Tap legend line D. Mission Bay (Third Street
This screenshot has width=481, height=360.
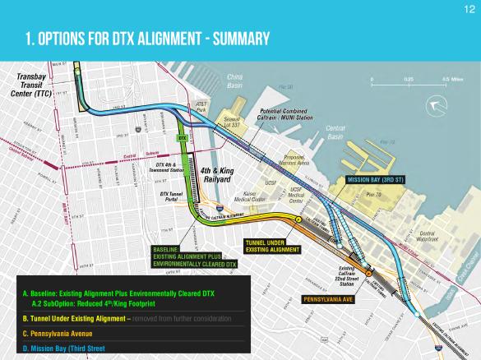[71, 348]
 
